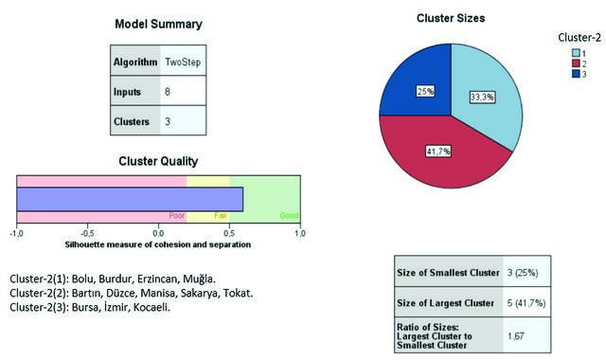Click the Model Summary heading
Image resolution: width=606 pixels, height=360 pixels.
158,24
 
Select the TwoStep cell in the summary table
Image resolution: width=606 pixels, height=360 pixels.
183,62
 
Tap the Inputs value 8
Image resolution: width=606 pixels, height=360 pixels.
168,92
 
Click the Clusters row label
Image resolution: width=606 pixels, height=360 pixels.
132,121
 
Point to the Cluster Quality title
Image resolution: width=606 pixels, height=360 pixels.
158,161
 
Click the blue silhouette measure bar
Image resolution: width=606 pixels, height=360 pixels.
130,200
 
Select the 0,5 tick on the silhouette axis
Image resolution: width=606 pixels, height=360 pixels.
229,234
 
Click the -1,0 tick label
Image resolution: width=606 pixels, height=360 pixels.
17,234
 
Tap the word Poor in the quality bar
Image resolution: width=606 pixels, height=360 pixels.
177,216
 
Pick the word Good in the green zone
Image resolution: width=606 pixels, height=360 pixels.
289,216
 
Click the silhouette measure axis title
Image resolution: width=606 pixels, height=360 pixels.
158,244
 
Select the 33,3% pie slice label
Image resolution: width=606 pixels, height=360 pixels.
482,97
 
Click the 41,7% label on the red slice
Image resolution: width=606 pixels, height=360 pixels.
438,152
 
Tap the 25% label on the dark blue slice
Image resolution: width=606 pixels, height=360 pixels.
425,91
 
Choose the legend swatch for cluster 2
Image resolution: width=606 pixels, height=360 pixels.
576,63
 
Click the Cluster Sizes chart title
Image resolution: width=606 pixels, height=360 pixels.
451,18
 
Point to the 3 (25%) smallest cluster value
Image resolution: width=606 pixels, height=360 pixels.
523,273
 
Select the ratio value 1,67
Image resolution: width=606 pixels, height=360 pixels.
516,336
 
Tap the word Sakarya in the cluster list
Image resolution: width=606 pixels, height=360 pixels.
201,293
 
